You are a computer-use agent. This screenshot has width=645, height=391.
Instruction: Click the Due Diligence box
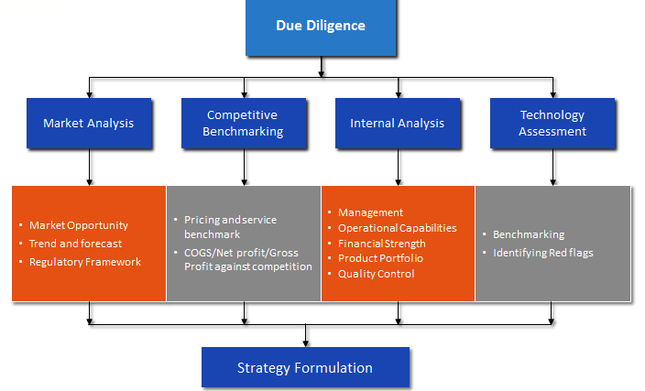tap(321, 27)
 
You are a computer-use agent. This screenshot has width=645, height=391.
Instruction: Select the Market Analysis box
tap(89, 123)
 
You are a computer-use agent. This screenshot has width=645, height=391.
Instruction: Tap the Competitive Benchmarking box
tap(244, 123)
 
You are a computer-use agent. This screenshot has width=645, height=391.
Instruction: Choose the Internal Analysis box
tap(398, 123)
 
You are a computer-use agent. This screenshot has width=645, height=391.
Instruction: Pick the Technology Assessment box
tap(552, 123)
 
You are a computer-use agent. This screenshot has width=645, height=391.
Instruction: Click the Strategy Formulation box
tap(305, 367)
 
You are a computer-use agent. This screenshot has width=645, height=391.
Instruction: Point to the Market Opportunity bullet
tap(79, 225)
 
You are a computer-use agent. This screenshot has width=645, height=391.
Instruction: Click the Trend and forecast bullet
tap(76, 244)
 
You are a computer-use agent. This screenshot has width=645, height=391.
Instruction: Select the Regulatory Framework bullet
tap(85, 262)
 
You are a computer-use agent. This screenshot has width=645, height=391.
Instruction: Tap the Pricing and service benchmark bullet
tap(230, 227)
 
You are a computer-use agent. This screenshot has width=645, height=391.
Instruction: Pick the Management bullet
tap(371, 212)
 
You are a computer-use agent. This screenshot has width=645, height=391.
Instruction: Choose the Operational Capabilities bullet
tap(398, 228)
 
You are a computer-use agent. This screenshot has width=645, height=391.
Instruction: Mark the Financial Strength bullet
tap(382, 244)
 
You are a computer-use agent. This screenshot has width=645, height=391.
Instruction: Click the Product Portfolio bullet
tap(380, 258)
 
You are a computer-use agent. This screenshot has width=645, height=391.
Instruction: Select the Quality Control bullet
tap(376, 274)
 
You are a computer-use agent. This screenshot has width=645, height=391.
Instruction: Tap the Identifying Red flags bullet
tap(543, 253)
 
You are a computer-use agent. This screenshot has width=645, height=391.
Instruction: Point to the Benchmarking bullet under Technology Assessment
tap(529, 234)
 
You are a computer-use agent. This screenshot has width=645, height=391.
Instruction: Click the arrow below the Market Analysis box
tap(89, 167)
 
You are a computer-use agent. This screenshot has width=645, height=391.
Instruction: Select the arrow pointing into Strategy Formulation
tap(305, 336)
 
